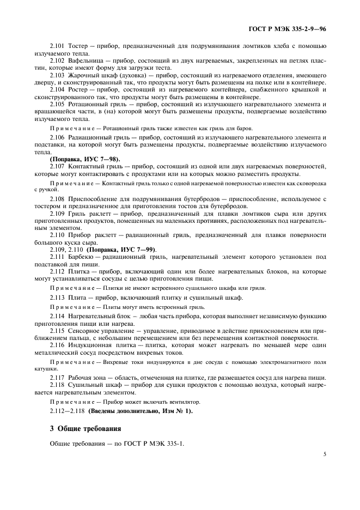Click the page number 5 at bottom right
pyautogui.click(x=324, y=452)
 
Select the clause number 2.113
pyautogui.click(x=57, y=297)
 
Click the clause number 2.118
pyautogui.click(x=57, y=385)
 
